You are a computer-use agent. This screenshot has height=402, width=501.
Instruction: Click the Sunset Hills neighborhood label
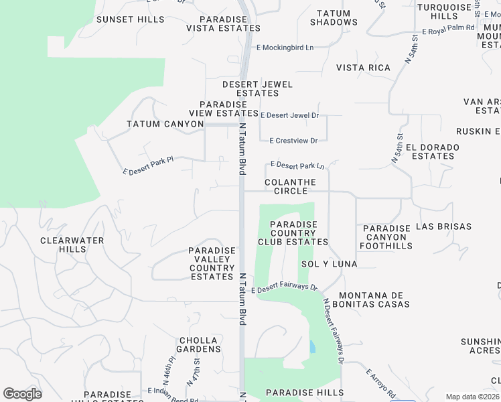[x=130, y=19]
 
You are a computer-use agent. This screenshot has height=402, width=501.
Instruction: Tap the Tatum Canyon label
[x=165, y=124]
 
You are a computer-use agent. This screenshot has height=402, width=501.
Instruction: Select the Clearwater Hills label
[x=72, y=245]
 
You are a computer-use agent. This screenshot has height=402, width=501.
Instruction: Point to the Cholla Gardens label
[x=199, y=344]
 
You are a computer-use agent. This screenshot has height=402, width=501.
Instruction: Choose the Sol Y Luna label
[x=329, y=264]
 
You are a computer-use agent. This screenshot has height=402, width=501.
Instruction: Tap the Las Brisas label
[x=444, y=226]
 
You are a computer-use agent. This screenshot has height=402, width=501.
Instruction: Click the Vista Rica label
[x=363, y=68]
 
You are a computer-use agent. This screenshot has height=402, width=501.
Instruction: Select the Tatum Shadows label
[x=337, y=17]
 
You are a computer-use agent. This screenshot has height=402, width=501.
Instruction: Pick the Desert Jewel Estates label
[x=258, y=88]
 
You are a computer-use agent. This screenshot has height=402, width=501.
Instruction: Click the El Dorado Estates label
[x=433, y=151]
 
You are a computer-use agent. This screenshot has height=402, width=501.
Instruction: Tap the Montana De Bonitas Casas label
[x=374, y=299]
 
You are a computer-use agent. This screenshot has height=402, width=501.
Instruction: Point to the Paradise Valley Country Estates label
[x=212, y=263]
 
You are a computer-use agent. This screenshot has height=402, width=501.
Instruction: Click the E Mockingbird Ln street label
[x=285, y=48]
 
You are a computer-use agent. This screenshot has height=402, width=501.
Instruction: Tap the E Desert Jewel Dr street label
[x=289, y=115]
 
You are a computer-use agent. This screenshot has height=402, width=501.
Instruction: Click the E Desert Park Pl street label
[x=148, y=166]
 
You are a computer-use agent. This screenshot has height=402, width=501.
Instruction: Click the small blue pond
[x=312, y=347]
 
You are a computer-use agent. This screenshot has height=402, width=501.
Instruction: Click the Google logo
[x=22, y=394]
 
